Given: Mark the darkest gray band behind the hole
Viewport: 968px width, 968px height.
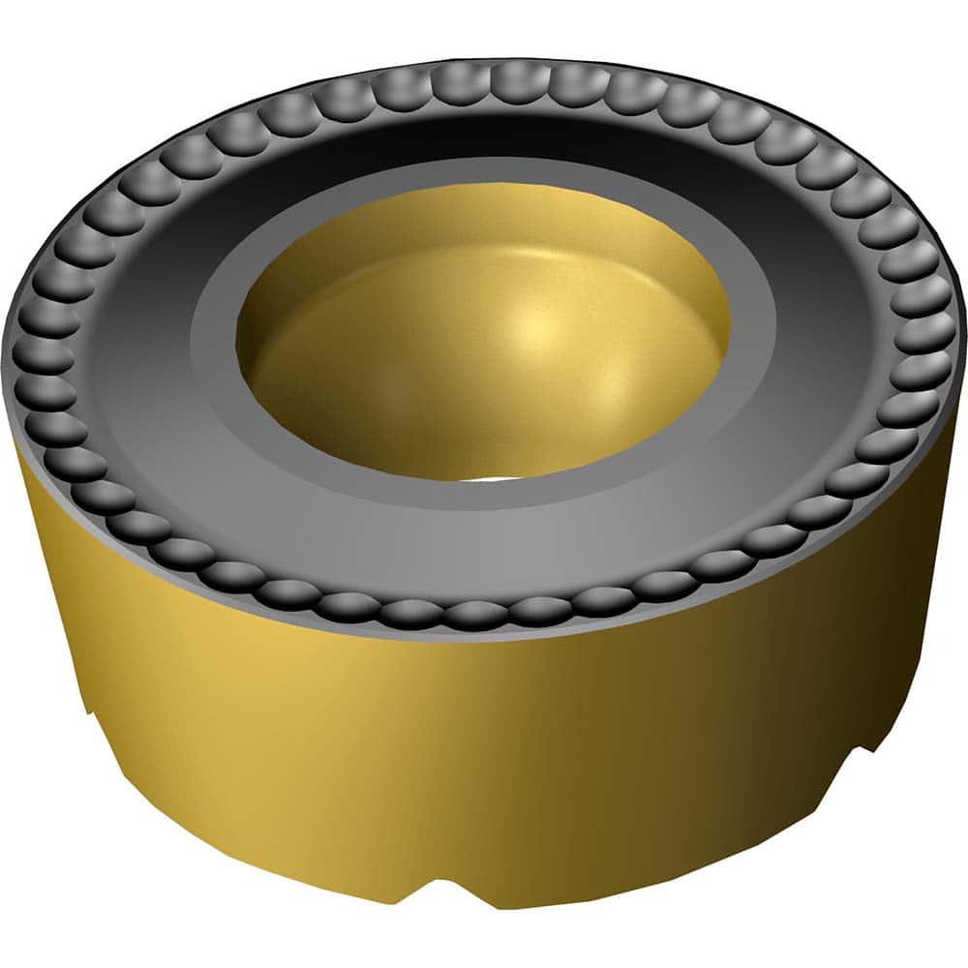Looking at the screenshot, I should click(x=484, y=145).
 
